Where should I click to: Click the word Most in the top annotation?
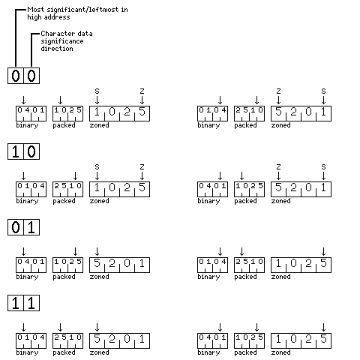click(36, 10)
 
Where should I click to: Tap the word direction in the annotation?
click(57, 49)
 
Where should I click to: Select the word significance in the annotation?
click(62, 41)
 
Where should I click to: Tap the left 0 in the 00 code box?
click(16, 76)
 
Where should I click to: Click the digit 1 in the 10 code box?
click(16, 151)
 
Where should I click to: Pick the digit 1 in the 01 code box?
click(31, 227)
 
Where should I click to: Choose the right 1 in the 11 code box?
click(31, 303)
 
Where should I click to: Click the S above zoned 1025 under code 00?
click(97, 91)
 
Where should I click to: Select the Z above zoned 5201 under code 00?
click(278, 91)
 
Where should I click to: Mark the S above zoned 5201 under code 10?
click(323, 167)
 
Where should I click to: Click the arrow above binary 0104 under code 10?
click(23, 175)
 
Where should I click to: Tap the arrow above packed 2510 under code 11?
click(60, 327)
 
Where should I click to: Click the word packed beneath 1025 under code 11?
click(245, 352)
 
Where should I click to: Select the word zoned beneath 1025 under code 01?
click(280, 277)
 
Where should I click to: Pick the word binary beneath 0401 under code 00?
click(27, 125)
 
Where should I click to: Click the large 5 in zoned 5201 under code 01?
click(97, 263)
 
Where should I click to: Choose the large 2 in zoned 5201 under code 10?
click(293, 187)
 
